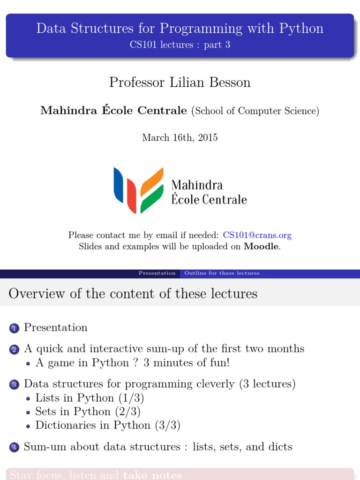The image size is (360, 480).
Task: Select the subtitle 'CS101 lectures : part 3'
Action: pyautogui.click(x=180, y=45)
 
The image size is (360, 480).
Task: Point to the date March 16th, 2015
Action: pyautogui.click(x=180, y=138)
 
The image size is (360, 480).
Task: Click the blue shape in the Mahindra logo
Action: pyautogui.click(x=118, y=186)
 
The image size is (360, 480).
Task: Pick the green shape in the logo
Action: pyautogui.click(x=152, y=199)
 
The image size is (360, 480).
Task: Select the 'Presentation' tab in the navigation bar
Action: pyautogui.click(x=157, y=273)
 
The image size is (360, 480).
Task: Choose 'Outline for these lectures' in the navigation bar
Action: pyautogui.click(x=222, y=273)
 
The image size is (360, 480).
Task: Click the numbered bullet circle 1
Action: pyautogui.click(x=14, y=329)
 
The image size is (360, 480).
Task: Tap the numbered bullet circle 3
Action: pyautogui.click(x=14, y=385)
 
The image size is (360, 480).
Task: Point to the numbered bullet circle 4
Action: pyautogui.click(x=14, y=448)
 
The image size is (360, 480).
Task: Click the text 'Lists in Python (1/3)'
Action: pyautogui.click(x=90, y=398)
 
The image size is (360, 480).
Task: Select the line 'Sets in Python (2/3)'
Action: pyautogui.click(x=88, y=412)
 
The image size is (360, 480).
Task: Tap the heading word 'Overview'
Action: pyautogui.click(x=36, y=294)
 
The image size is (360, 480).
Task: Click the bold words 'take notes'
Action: pyautogui.click(x=152, y=475)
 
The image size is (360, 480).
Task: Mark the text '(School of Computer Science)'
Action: pyautogui.click(x=255, y=111)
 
